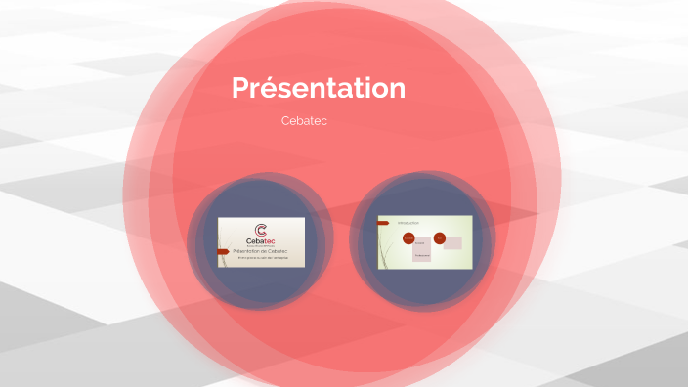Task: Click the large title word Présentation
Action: point(319,88)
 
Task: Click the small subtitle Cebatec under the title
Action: point(303,121)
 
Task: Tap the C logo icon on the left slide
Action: point(261,231)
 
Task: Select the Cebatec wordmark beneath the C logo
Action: point(261,243)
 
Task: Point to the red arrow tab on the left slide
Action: point(222,251)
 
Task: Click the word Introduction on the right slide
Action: point(408,223)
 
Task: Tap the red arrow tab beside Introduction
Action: point(382,223)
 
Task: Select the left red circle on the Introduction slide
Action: point(408,238)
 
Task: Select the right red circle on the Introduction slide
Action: point(440,237)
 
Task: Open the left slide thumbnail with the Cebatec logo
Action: point(261,241)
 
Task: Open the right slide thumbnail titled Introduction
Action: point(425,241)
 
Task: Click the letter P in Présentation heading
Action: point(240,88)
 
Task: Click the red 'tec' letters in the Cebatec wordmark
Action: point(270,243)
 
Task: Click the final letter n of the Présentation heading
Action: point(396,89)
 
